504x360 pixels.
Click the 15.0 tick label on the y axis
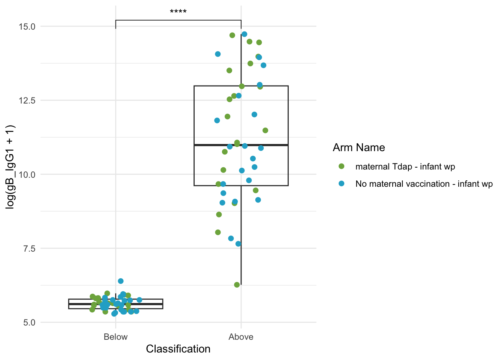click(27, 27)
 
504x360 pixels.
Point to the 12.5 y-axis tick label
click(27, 100)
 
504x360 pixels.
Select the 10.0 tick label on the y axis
click(27, 175)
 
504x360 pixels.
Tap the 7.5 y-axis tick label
click(30, 249)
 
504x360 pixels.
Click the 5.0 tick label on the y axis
click(30, 322)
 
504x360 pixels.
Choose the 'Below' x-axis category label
click(115, 337)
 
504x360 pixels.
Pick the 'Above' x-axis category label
click(241, 337)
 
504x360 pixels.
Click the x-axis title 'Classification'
click(178, 349)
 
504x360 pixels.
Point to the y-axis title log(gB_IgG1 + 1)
click(10, 167)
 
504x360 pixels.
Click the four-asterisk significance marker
click(178, 11)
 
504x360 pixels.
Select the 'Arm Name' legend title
click(359, 148)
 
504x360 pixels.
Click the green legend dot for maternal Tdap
click(341, 166)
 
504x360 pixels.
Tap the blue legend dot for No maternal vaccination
click(341, 183)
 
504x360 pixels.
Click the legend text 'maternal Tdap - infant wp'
click(405, 167)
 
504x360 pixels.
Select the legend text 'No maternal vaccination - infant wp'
click(424, 184)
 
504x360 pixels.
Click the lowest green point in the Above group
click(237, 285)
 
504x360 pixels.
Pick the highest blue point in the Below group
click(121, 281)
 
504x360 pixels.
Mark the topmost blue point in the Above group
click(244, 34)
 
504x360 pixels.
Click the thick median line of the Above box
click(241, 145)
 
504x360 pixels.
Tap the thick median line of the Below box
click(115, 304)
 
